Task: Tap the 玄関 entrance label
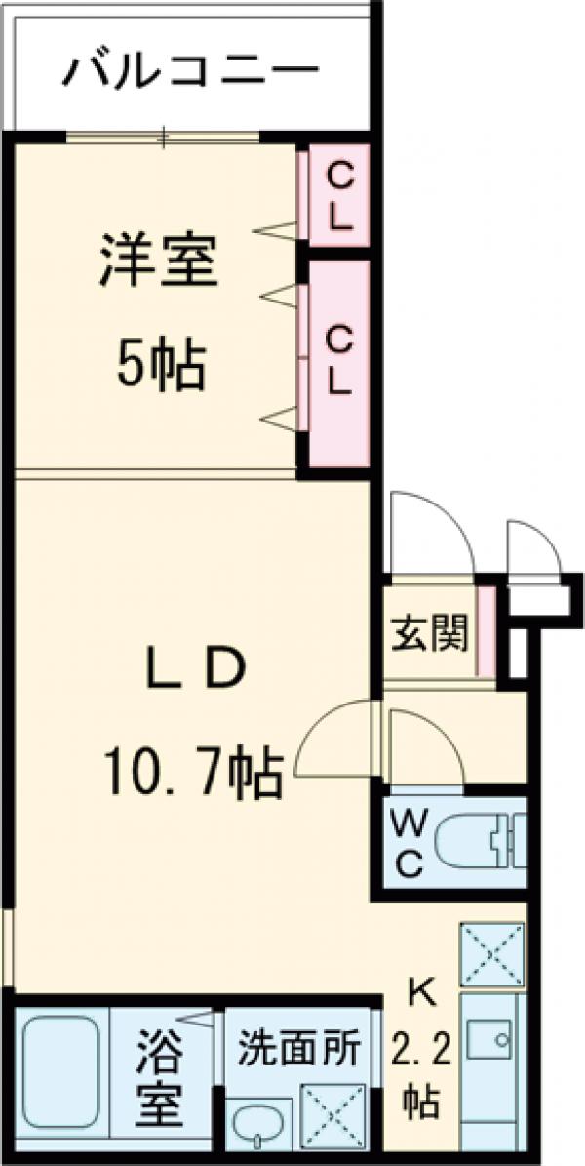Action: point(430,635)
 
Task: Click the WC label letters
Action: point(408,843)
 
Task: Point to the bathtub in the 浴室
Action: point(60,1074)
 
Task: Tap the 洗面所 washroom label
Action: point(299,1049)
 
